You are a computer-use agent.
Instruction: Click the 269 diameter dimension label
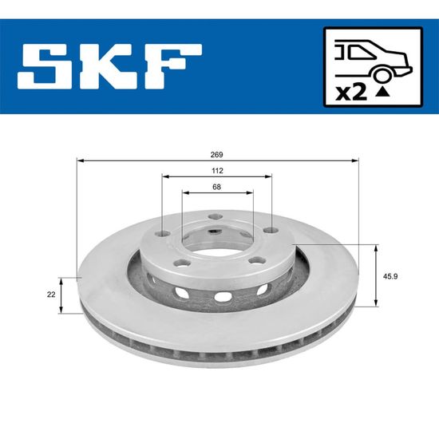(x=216, y=155)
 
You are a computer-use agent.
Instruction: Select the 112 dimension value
(x=218, y=171)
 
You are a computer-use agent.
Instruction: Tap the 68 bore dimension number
(x=216, y=187)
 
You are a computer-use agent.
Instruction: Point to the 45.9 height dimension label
(x=390, y=276)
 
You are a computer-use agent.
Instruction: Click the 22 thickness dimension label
(x=51, y=295)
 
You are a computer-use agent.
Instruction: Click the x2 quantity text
(x=351, y=93)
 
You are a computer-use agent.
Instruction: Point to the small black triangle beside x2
(x=382, y=92)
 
